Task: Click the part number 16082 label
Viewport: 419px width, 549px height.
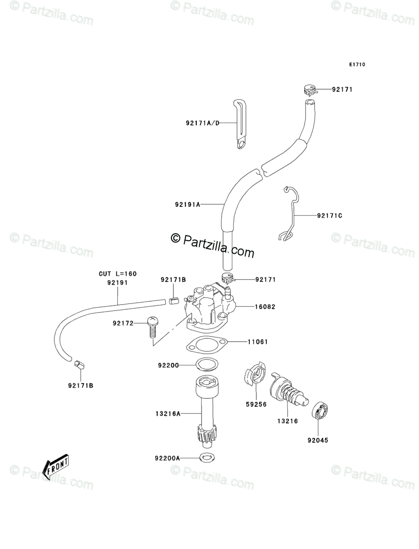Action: (265, 306)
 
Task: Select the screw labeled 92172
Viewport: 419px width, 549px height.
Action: (152, 327)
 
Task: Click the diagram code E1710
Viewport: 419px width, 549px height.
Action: (357, 64)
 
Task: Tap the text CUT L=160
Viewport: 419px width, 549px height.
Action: (118, 274)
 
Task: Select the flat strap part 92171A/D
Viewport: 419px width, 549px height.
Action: (240, 124)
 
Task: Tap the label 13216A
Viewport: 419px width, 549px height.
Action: (168, 414)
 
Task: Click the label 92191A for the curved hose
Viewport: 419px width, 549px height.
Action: (187, 204)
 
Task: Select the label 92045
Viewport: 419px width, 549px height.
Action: (318, 441)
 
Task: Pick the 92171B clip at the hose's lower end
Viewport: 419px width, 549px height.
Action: (79, 365)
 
